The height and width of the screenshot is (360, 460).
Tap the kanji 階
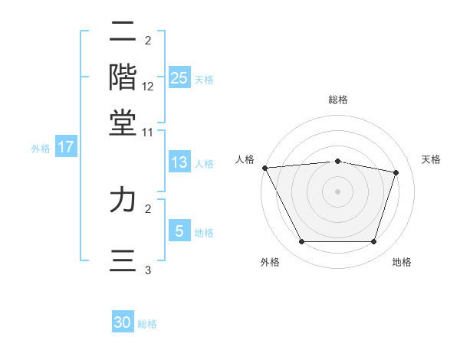point(123,77)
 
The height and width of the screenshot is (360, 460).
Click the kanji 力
point(123,200)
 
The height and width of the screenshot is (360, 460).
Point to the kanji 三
point(123,260)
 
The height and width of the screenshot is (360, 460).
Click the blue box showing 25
point(179,77)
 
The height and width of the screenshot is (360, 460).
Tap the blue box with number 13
point(179,162)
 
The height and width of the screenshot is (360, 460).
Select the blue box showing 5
point(179,231)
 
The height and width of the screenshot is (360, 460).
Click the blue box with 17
point(65,147)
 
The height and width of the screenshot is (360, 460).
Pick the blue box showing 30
point(123,322)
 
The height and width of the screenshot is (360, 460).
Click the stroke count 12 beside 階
point(148,87)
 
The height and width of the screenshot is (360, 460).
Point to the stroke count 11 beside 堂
point(148,133)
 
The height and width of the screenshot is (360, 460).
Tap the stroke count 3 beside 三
point(148,270)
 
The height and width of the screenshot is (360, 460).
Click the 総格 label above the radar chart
point(338,100)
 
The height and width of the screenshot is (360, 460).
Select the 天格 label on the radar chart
point(431,159)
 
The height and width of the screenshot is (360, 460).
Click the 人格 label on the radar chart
point(245,159)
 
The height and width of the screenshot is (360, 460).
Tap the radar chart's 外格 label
point(270,263)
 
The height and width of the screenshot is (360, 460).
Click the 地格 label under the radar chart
point(402,263)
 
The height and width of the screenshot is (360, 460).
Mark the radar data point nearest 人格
point(264,168)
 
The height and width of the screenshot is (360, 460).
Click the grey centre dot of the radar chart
point(338,191)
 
